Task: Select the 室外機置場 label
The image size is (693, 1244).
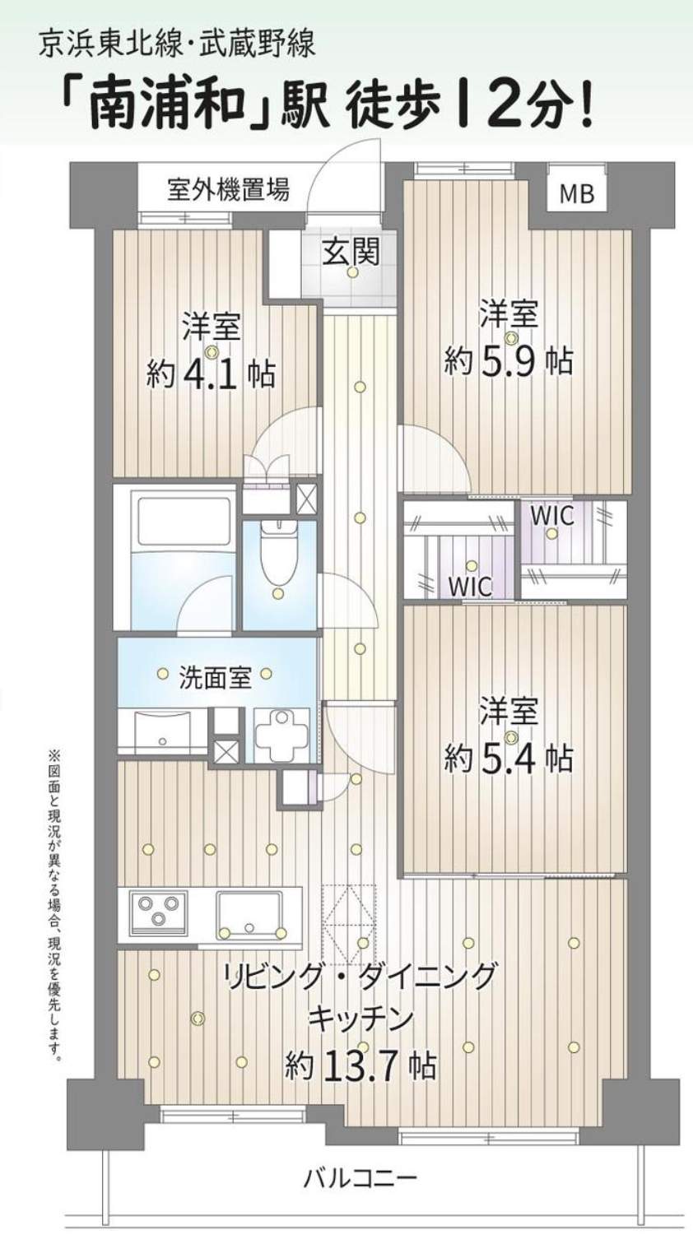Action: coord(228,190)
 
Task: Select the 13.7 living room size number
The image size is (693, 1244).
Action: coord(359,1066)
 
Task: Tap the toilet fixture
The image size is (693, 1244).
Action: coord(278,553)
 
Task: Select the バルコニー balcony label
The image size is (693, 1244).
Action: coord(360,1178)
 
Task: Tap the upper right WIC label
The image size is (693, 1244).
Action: coord(551,516)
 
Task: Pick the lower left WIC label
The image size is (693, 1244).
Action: coord(470,586)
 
